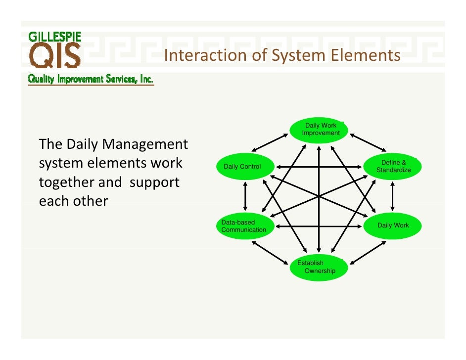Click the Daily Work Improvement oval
319,130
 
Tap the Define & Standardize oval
393,166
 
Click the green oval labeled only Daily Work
393,225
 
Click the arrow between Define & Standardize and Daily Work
393,196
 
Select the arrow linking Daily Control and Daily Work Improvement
270,142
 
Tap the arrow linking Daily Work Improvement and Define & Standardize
368,142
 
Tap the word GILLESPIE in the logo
54,36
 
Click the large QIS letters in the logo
54,55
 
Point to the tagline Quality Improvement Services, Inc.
91,79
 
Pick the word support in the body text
154,182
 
